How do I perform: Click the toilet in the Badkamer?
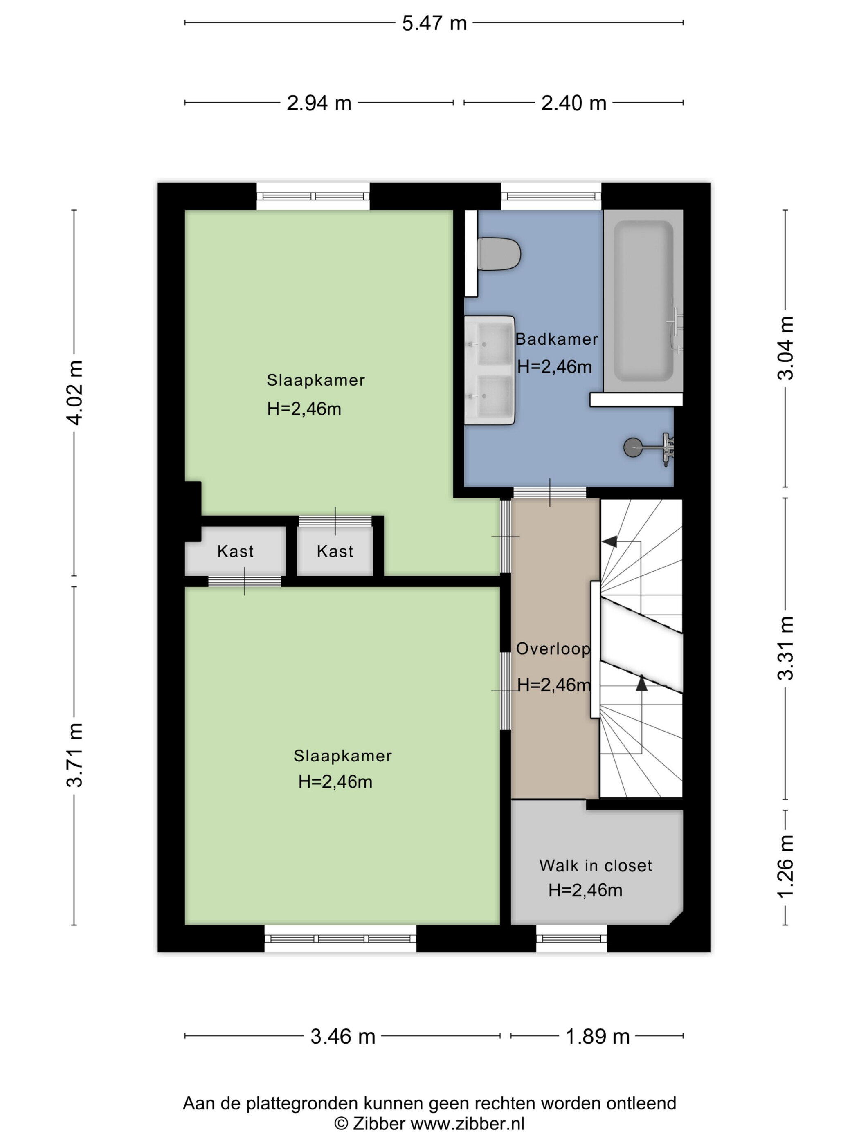pos(497,254)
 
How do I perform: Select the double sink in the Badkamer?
pos(489,370)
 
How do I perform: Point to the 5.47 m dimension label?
pos(434,23)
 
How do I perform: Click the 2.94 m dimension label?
pos(319,103)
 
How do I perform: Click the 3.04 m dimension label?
pos(785,348)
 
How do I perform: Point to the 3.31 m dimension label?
pos(785,648)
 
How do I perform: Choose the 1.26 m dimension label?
pos(785,866)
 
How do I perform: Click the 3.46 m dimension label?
pos(343,1037)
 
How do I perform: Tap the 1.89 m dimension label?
pos(598,1037)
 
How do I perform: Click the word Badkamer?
pos(557,339)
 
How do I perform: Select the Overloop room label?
pos(553,649)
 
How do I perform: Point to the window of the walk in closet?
pos(571,938)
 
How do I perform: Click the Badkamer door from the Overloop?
pos(549,493)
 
